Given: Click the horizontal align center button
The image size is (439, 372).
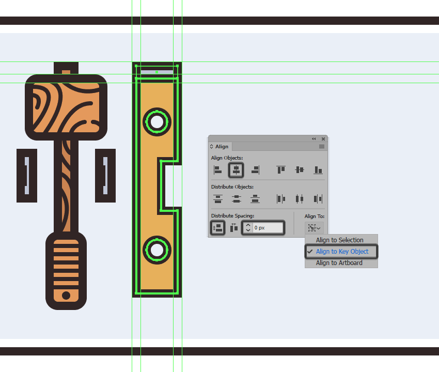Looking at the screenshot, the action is [236, 170].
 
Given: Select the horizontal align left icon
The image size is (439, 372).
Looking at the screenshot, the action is [217, 170].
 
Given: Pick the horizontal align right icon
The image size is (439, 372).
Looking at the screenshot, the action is [255, 170].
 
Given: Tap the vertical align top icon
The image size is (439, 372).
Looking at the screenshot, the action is [281, 170].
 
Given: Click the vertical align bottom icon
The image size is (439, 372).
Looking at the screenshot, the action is [318, 170].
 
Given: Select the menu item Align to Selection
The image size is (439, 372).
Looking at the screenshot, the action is [340, 240].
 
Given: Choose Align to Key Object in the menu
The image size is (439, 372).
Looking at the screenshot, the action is [342, 252].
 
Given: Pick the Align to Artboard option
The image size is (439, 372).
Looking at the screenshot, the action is [339, 263].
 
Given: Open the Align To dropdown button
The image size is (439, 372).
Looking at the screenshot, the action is [314, 228].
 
